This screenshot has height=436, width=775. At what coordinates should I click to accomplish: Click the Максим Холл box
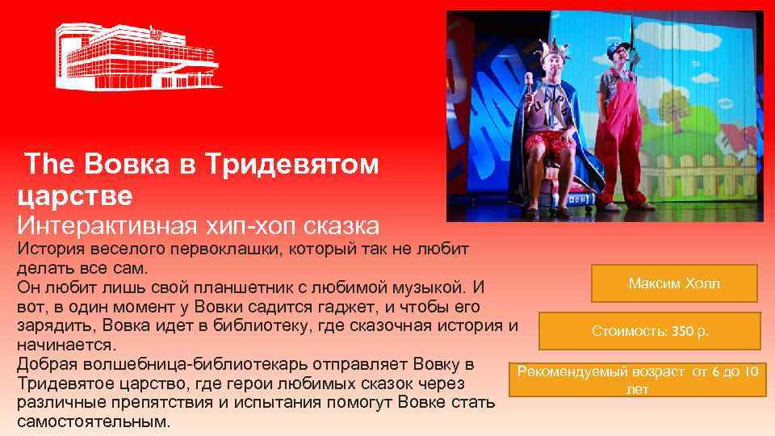[x=674, y=283]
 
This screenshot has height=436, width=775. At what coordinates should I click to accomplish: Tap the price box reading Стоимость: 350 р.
[x=650, y=331]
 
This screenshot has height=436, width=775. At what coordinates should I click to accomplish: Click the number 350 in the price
[x=682, y=331]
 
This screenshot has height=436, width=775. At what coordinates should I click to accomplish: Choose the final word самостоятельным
[x=93, y=421]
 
